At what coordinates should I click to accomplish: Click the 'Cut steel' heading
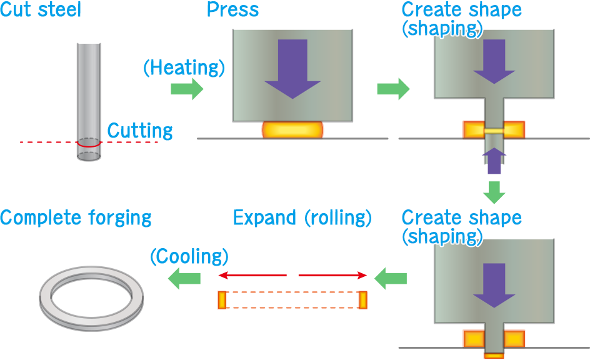click(x=41, y=9)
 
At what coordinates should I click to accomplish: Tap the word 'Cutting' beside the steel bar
click(x=140, y=131)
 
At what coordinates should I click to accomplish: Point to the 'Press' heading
click(x=232, y=9)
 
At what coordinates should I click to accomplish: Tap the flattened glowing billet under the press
click(x=292, y=129)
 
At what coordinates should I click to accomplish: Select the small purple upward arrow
click(x=494, y=160)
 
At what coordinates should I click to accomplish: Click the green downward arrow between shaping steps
click(x=494, y=192)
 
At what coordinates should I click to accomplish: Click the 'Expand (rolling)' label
click(x=302, y=217)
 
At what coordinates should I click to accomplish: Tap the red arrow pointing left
click(x=251, y=275)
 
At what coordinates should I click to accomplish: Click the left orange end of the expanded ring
click(x=221, y=299)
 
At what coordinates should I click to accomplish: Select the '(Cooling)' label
click(x=189, y=256)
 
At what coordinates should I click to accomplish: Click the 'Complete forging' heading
click(x=76, y=218)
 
